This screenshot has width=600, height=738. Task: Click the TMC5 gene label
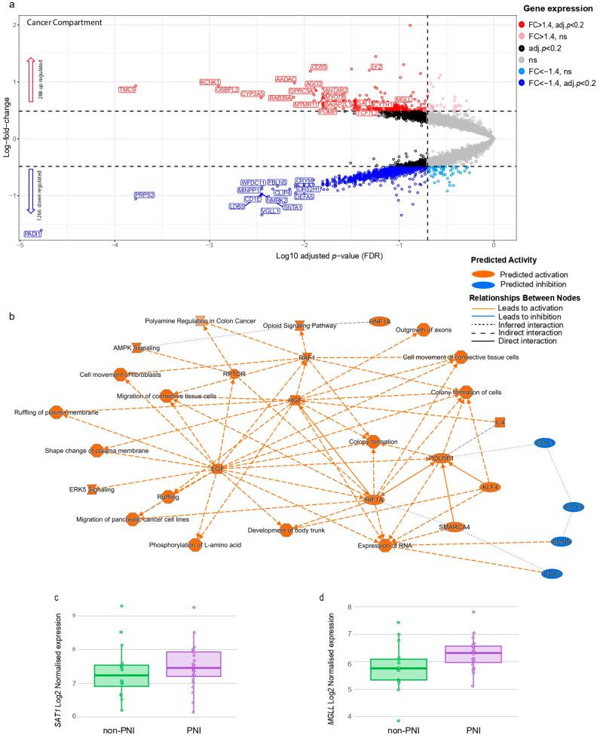pyautogui.click(x=127, y=90)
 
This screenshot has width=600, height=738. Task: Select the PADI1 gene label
pyautogui.click(x=32, y=234)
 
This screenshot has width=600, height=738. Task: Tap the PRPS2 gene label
pyautogui.click(x=145, y=195)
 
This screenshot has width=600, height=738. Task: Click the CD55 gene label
pyautogui.click(x=319, y=67)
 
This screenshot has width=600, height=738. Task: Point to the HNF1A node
pyautogui.click(x=380, y=321)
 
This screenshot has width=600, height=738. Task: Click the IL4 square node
pyautogui.click(x=499, y=423)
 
